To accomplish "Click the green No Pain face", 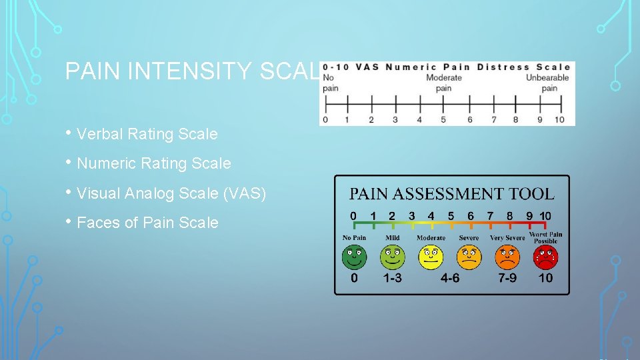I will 354,257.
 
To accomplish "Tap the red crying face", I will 545,257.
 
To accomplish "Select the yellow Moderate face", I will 431,257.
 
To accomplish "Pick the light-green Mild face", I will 392,257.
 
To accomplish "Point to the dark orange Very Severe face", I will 507,257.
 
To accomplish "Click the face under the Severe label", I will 469,257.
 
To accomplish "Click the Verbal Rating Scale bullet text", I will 147,134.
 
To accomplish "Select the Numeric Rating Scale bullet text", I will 154,163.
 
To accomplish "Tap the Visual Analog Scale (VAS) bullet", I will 171,193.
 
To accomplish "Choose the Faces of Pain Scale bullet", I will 147,223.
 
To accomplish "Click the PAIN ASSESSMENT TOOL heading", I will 452,194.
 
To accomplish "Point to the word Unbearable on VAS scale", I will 547,78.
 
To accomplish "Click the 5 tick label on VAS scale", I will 443,120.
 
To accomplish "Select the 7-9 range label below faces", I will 507,277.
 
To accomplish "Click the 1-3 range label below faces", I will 392,277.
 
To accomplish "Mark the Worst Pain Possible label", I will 545,237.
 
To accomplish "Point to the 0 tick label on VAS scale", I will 325,120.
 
